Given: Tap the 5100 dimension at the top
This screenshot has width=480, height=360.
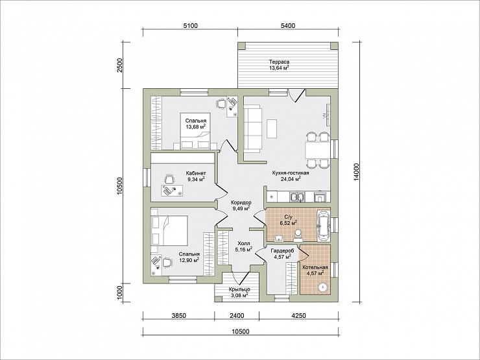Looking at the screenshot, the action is (x=191, y=26).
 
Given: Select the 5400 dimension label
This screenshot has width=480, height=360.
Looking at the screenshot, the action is (x=288, y=26).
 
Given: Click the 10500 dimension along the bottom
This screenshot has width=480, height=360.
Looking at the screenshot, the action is (x=241, y=331).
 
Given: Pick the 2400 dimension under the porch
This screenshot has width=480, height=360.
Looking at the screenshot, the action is (x=237, y=316).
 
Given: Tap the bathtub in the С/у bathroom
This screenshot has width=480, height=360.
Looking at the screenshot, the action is (x=324, y=226).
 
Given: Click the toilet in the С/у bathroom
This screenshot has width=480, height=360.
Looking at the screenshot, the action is (x=297, y=235).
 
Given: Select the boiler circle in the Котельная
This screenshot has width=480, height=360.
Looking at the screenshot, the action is (x=322, y=287).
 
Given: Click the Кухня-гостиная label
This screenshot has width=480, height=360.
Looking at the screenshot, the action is (x=291, y=173).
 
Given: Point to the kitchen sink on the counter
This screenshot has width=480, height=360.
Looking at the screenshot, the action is (x=297, y=197).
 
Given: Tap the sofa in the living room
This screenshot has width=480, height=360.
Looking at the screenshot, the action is (x=253, y=128).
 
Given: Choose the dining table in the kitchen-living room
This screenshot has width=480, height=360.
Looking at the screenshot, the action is (x=317, y=150).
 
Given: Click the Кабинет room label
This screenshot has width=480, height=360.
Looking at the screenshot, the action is (x=196, y=173).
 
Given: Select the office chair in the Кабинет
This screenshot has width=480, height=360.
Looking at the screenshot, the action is (x=169, y=179).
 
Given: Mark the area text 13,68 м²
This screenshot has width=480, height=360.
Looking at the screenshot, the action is (x=196, y=126).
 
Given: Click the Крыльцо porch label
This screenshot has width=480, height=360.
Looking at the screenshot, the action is (x=239, y=289).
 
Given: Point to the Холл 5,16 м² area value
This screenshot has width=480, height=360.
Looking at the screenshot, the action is (x=244, y=250).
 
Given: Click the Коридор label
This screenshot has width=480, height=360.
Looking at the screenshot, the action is (x=241, y=202).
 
